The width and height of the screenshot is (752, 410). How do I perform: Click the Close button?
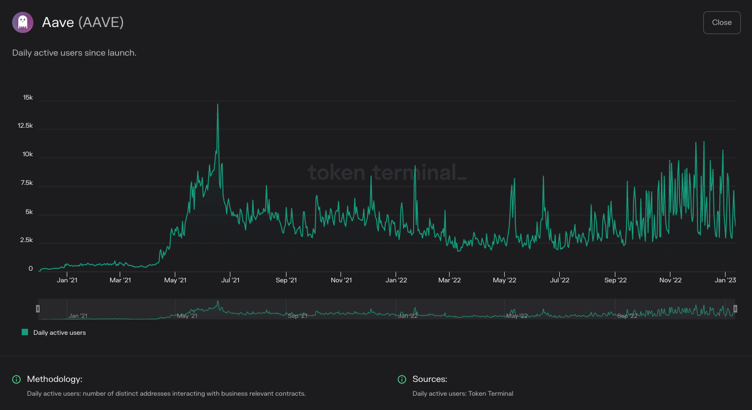(721, 22)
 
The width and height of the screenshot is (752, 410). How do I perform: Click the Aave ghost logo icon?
(23, 22)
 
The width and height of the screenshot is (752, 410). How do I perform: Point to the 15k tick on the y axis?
(28, 98)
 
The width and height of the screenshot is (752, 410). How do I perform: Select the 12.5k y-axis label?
(24, 126)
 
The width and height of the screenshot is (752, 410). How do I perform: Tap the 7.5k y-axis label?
(26, 183)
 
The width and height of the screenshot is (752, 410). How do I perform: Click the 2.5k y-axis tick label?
(26, 240)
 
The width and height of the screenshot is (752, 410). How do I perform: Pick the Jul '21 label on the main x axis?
(229, 280)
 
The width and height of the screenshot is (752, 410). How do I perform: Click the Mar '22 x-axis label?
(449, 280)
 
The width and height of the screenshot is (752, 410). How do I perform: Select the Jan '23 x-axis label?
(725, 280)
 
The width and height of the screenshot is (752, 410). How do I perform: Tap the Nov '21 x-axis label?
(341, 280)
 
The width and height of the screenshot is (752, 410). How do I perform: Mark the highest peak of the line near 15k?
(217, 104)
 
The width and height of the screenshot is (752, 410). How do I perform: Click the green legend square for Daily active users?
(25, 332)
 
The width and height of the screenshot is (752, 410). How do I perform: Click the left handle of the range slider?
(38, 309)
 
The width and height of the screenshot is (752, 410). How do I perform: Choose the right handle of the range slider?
(735, 309)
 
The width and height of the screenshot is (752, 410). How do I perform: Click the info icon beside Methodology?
(16, 379)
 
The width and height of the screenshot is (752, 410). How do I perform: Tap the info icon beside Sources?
(402, 379)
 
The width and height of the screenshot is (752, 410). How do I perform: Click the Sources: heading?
(429, 379)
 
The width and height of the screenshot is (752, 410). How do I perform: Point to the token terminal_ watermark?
(387, 173)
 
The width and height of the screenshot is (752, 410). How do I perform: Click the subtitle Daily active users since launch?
(74, 53)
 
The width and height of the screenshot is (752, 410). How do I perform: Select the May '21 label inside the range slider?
(187, 316)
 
